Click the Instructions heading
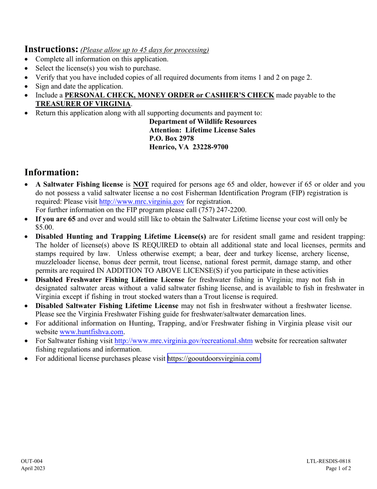click(52, 49)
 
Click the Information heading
click(52, 172)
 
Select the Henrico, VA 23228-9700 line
click(188, 147)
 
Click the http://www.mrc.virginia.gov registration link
click(141, 202)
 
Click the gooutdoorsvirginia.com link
click(214, 359)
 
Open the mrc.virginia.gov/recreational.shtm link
click(183, 341)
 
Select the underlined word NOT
click(141, 184)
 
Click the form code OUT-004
click(32, 461)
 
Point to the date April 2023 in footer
click(33, 468)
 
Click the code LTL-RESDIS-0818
click(329, 461)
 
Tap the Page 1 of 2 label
click(339, 468)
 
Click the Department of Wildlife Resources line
click(203, 122)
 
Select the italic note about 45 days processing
click(144, 50)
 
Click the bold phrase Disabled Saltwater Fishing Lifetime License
click(107, 306)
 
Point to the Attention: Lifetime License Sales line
click(202, 130)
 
